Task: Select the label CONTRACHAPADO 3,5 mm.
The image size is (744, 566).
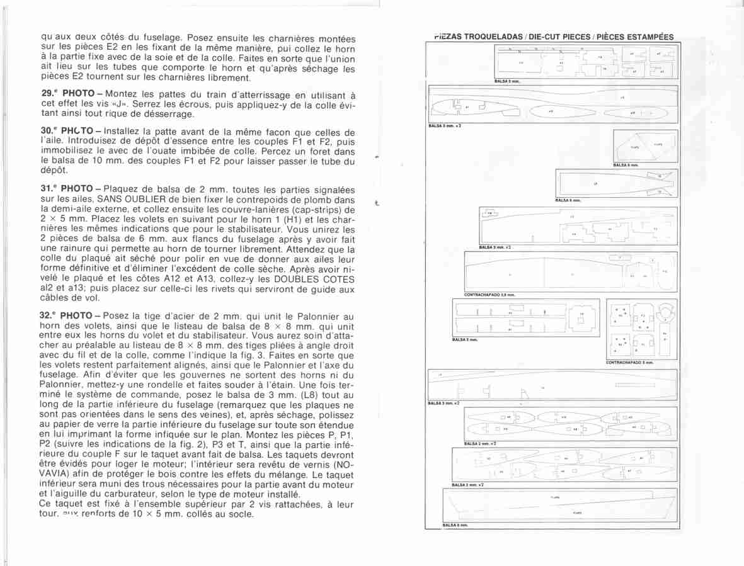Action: (x=489, y=295)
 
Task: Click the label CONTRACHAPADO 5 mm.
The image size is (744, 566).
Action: (x=629, y=363)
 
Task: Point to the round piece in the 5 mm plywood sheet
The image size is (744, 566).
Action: (x=665, y=312)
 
